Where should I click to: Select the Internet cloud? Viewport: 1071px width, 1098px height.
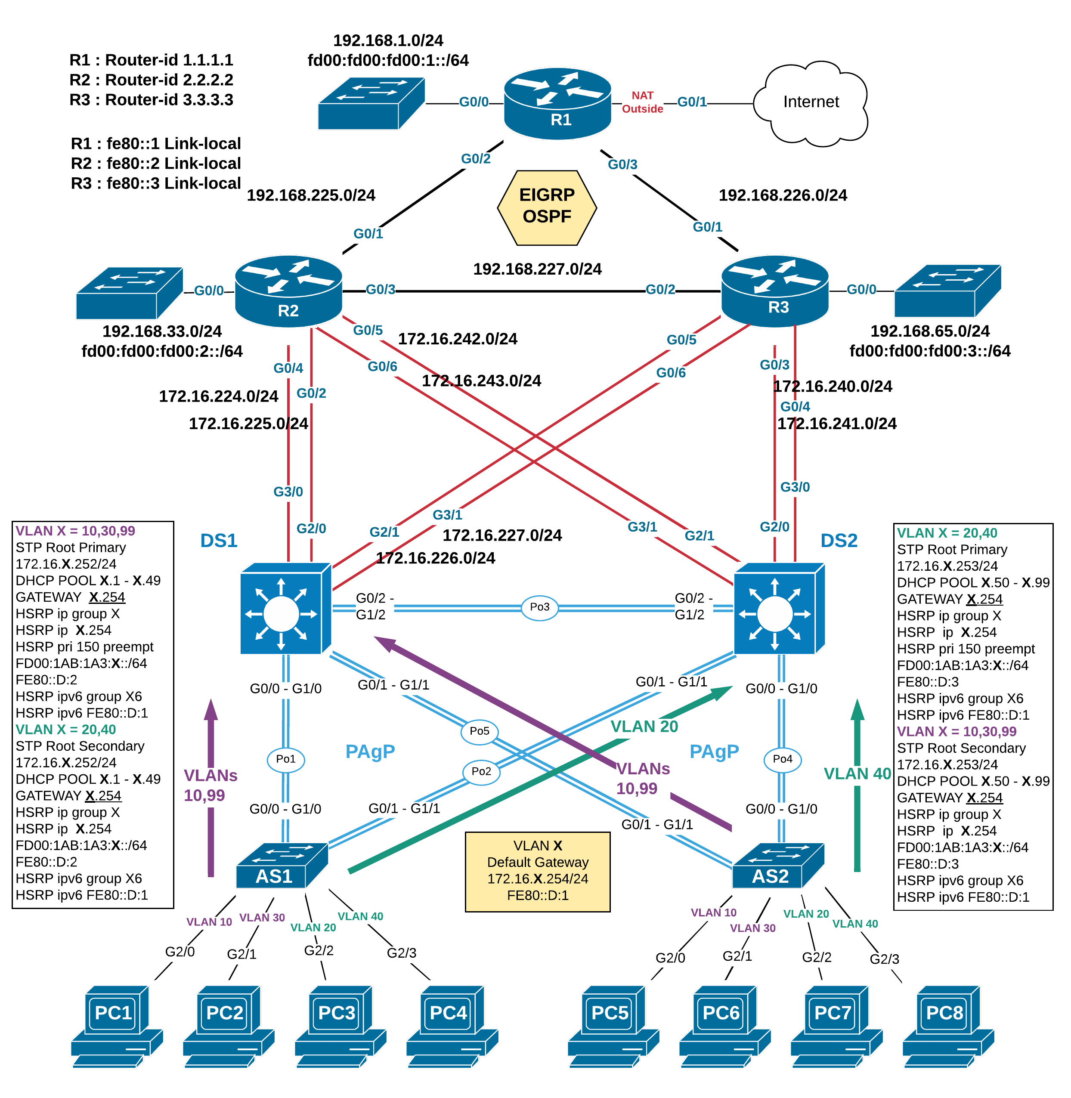coord(810,103)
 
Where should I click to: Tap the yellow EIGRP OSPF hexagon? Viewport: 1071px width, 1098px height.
coord(547,207)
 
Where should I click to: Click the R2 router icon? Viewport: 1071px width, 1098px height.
coord(288,291)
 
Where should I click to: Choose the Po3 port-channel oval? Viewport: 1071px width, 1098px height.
coord(539,607)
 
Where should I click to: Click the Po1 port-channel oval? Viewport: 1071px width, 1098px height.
coord(285,759)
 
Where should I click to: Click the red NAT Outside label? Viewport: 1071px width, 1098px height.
coord(642,102)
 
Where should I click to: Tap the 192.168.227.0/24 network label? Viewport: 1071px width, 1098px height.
coord(537,269)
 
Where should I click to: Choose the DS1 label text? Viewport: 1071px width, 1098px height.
coord(219,541)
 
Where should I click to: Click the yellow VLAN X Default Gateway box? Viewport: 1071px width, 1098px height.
coord(537,871)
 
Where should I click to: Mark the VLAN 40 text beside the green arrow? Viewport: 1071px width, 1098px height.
coord(857,774)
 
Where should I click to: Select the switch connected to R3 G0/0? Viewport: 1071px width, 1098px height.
coord(947,291)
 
